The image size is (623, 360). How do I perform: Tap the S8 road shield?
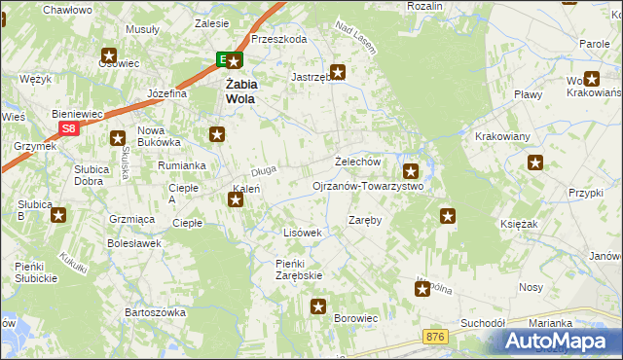(x=67, y=128)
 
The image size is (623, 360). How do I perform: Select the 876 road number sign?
(x=436, y=336)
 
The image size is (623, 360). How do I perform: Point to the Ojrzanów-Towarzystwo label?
(x=367, y=186)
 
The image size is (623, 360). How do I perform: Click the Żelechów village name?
(x=356, y=162)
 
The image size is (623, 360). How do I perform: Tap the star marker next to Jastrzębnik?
(x=338, y=71)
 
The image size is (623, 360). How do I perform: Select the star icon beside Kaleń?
(x=236, y=200)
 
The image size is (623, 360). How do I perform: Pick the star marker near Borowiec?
(x=318, y=307)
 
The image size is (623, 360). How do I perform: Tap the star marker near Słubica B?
(x=58, y=215)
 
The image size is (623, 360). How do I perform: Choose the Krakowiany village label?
(x=500, y=136)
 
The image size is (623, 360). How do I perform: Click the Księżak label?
(x=547, y=224)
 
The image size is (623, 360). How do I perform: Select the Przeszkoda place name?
(x=278, y=40)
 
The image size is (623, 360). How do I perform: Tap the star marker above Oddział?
(x=108, y=55)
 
